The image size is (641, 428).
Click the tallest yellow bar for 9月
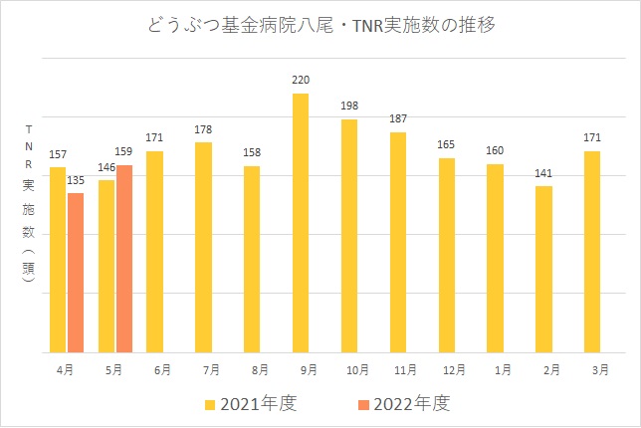[x=301, y=223]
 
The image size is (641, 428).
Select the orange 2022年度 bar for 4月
[x=76, y=273]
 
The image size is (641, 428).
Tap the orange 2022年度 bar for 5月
[x=124, y=259]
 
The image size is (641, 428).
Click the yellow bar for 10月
[x=349, y=236]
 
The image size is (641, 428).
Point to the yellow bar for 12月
[x=447, y=255]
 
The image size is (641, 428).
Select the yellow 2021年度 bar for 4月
[x=58, y=260]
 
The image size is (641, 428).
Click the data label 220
[x=301, y=79]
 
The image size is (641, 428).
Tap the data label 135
[x=76, y=181]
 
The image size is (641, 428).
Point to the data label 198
[x=349, y=107]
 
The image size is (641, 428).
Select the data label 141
[x=543, y=173]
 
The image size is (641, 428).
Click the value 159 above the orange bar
[x=126, y=152]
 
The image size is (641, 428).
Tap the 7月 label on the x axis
[x=203, y=369]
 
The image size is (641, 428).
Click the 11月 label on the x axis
[x=398, y=369]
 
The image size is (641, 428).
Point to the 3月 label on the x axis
[x=592, y=369]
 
